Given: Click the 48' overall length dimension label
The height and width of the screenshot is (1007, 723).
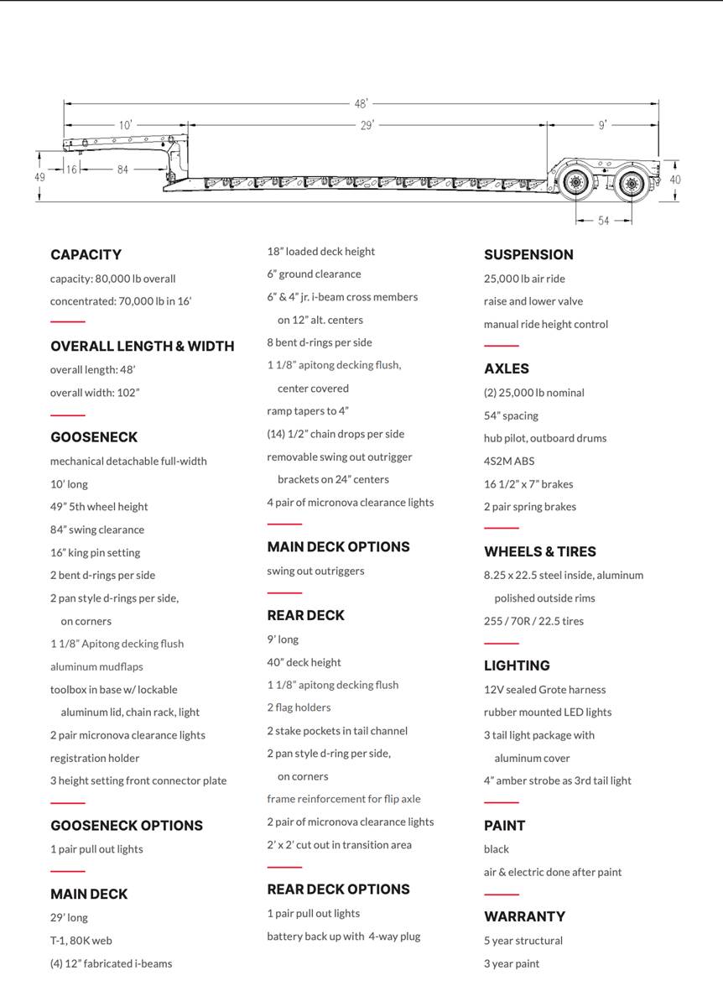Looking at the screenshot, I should (x=361, y=104).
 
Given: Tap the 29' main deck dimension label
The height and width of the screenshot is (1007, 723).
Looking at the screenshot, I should (x=367, y=125).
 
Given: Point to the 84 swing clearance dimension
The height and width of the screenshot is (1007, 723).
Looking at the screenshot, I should (x=122, y=170).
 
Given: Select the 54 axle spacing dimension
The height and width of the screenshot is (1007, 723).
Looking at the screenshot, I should (x=604, y=221).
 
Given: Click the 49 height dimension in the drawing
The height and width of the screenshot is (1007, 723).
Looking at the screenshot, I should (x=39, y=177).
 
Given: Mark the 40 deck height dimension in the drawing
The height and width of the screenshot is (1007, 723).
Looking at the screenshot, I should (x=675, y=180).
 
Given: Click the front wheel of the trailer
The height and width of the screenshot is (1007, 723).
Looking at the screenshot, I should (x=575, y=181).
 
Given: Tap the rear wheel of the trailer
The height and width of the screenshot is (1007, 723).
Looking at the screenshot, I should (x=632, y=181).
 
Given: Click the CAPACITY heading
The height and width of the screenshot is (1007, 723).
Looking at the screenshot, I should (x=86, y=254).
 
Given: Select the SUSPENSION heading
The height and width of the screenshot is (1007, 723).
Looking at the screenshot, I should (x=528, y=254).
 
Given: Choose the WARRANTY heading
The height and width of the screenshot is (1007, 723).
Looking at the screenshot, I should (x=524, y=916).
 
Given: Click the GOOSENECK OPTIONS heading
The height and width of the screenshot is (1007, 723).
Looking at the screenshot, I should (x=127, y=826).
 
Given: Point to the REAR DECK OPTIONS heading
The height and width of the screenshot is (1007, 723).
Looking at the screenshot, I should (x=339, y=890).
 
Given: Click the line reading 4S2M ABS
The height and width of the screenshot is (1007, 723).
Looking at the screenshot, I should (x=509, y=461).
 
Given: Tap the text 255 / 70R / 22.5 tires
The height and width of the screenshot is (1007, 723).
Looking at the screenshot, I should (x=533, y=621).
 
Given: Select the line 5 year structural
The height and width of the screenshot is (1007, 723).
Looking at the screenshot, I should (x=523, y=941).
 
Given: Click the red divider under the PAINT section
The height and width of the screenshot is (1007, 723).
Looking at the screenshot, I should (x=502, y=895).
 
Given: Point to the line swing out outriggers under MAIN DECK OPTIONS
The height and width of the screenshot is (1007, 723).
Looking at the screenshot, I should (x=315, y=571).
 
